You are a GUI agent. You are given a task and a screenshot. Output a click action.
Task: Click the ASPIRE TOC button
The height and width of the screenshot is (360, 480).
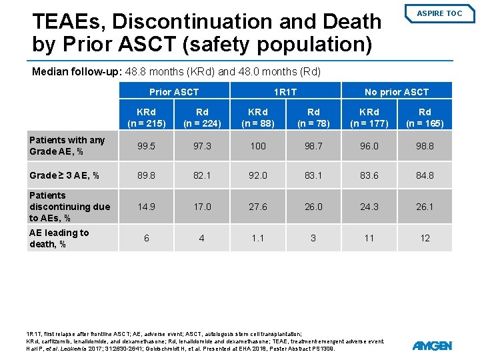[x=439, y=13]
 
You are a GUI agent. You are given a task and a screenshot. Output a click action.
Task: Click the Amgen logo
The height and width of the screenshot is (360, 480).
[x=432, y=345]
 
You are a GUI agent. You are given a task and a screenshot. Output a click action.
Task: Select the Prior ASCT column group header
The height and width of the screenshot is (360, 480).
[x=174, y=92]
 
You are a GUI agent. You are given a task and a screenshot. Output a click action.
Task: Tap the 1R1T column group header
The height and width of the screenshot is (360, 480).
[x=285, y=92]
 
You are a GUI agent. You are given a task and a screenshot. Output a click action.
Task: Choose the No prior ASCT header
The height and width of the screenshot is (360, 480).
[x=397, y=92]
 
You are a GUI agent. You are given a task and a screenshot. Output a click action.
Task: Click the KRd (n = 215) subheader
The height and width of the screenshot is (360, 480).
[x=147, y=117]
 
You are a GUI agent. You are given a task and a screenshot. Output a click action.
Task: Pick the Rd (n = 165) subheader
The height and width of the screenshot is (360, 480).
[x=425, y=117]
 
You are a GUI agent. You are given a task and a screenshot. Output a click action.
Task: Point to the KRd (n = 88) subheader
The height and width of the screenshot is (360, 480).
[x=257, y=117]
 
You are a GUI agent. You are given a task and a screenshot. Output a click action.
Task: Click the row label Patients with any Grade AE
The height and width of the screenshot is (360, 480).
[x=67, y=145]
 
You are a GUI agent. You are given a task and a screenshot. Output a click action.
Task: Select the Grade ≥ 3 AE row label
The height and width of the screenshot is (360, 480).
[x=64, y=176]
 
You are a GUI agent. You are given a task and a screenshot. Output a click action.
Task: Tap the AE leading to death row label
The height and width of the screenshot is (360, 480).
[x=59, y=238]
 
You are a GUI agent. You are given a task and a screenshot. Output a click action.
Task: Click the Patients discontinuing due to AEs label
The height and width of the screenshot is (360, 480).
[x=69, y=207]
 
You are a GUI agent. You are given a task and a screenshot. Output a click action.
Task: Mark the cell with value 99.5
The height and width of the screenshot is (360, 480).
[x=147, y=145]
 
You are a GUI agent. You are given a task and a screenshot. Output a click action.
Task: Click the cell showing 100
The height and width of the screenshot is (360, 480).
[x=257, y=145]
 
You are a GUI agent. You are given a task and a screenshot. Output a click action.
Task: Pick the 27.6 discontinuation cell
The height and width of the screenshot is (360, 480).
[x=257, y=207]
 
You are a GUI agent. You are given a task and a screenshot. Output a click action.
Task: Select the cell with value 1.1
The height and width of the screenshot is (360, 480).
[x=257, y=238]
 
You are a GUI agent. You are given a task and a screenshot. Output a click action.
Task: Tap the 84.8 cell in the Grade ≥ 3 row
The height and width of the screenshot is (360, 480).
[x=425, y=176]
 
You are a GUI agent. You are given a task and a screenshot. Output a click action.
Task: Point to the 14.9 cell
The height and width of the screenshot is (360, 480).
[x=147, y=207]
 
